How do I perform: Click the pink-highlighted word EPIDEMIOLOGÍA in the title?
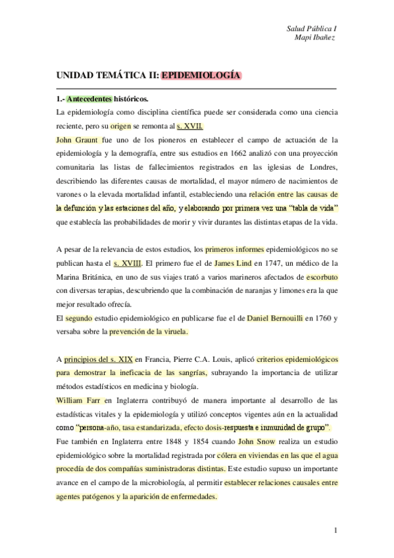tap(201, 75)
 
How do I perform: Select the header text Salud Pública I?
tap(312, 28)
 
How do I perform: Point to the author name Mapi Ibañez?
tap(317, 37)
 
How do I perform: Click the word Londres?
tap(321, 167)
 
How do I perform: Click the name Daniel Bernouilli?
tap(275, 318)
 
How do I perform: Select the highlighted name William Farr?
tap(79, 400)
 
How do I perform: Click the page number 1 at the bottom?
tap(335, 530)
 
